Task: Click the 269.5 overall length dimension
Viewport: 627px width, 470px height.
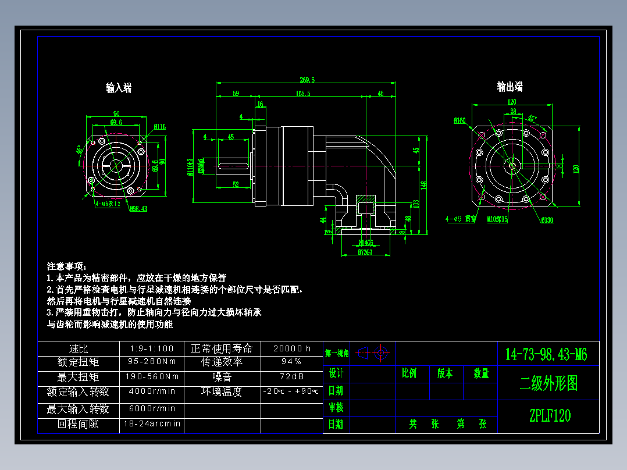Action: (x=307, y=80)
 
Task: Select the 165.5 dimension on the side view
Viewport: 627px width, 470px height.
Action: (x=302, y=93)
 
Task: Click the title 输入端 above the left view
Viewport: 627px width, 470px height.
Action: (x=118, y=88)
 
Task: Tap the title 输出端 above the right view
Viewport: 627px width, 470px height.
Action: (x=510, y=87)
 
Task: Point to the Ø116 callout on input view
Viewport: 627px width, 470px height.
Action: (x=160, y=126)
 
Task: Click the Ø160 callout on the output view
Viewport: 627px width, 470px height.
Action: (x=459, y=121)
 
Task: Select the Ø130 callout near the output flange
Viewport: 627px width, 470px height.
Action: (x=547, y=220)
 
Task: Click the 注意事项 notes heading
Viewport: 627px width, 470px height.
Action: (x=66, y=266)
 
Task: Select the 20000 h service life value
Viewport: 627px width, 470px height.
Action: (x=292, y=348)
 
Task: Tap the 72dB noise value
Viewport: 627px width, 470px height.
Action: (x=291, y=377)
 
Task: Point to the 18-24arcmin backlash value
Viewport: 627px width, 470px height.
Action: (x=152, y=424)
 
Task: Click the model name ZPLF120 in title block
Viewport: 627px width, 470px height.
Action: (x=550, y=416)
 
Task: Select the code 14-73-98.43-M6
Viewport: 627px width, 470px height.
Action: (x=546, y=354)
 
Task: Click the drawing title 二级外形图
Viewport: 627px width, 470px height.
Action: (x=548, y=383)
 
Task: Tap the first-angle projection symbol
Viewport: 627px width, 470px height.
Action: (x=372, y=352)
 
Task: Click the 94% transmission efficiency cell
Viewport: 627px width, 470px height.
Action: (x=291, y=362)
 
